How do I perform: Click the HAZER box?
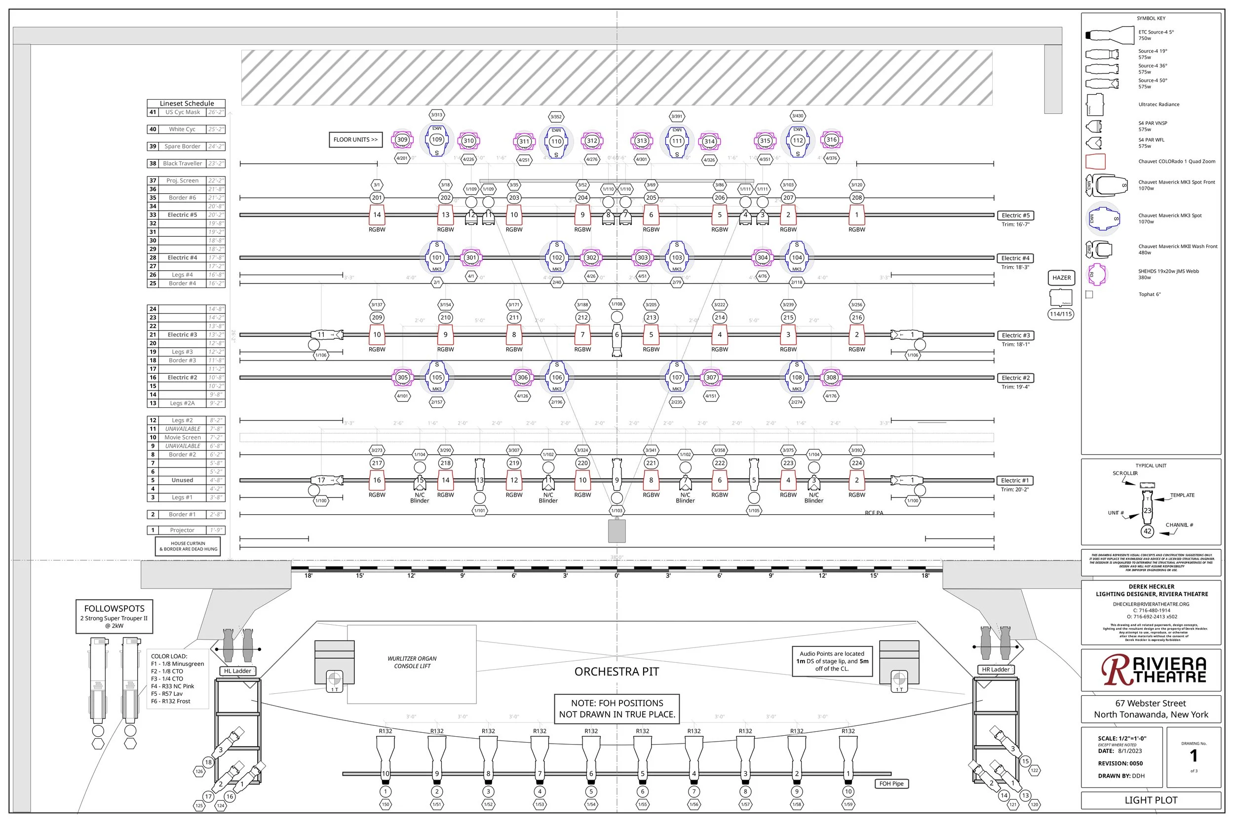tap(1061, 278)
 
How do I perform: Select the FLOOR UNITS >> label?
tap(355, 140)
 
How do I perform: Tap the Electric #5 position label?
tap(1015, 215)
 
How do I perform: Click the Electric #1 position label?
tap(1015, 480)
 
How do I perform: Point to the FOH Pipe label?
tap(891, 784)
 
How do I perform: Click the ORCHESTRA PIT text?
tap(617, 672)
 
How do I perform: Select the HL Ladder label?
tap(238, 671)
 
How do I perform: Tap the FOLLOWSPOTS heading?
tap(115, 608)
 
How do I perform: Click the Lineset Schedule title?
tap(187, 103)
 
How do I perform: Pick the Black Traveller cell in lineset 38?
tap(182, 164)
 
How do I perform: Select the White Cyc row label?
tap(182, 129)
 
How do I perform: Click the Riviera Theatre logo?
tap(1153, 671)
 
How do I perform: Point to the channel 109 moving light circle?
tap(436, 140)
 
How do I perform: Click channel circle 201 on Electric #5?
tap(377, 198)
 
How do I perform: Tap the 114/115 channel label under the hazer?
tap(1060, 314)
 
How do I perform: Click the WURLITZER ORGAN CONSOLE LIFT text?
tap(412, 662)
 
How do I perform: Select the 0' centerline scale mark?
tap(617, 575)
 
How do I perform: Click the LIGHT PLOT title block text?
tap(1151, 800)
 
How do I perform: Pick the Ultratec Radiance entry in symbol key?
tap(1158, 105)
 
